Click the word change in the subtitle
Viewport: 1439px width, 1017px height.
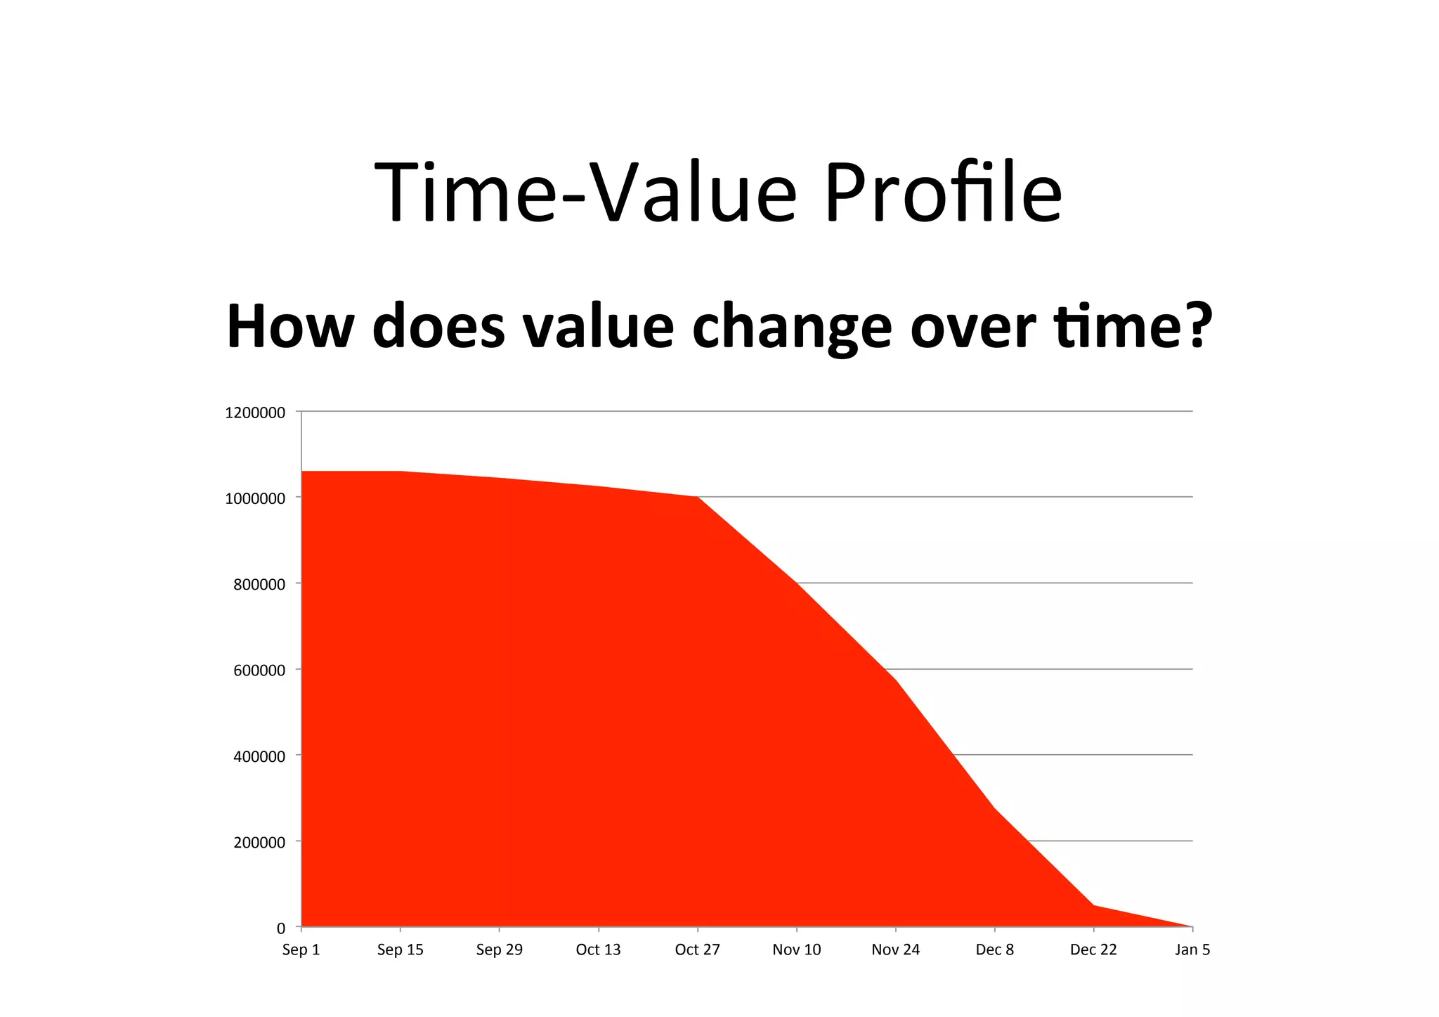(792, 328)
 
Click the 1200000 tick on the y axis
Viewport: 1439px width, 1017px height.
(255, 413)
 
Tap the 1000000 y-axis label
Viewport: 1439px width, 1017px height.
(255, 499)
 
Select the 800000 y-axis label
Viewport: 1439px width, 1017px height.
(259, 585)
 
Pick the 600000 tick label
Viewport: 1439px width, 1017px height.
(259, 671)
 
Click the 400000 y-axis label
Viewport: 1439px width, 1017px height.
(259, 757)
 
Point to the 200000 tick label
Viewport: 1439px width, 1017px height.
(259, 843)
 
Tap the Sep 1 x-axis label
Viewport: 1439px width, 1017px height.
(301, 950)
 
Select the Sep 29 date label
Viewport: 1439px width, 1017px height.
(499, 950)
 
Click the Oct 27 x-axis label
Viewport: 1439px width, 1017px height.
(697, 950)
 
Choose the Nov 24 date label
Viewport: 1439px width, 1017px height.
(895, 950)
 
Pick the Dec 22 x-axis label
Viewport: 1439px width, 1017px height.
(1093, 950)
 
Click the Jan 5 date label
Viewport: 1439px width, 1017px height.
(1192, 950)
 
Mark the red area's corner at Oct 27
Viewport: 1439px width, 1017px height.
(698, 497)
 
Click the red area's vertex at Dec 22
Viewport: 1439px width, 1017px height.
(1094, 905)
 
